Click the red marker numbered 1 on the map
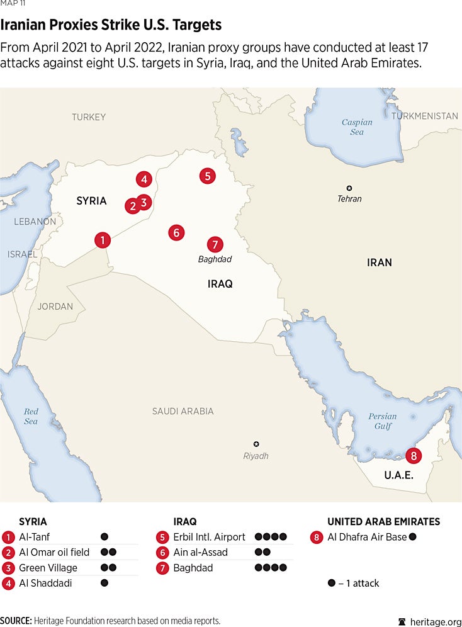[102, 240]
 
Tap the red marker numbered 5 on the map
[207, 176]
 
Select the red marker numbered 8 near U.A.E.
[413, 455]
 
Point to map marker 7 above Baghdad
[215, 244]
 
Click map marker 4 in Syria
[144, 179]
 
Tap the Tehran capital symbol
[349, 188]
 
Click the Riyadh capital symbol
[256, 444]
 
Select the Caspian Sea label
[357, 127]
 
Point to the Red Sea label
[31, 416]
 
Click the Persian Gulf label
[383, 421]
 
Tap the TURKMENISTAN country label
[424, 116]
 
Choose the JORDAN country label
[55, 307]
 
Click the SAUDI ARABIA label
[183, 411]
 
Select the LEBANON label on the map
[35, 222]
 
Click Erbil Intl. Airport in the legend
[210, 537]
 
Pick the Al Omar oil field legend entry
[54, 552]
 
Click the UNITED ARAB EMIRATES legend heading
[383, 522]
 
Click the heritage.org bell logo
[403, 621]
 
